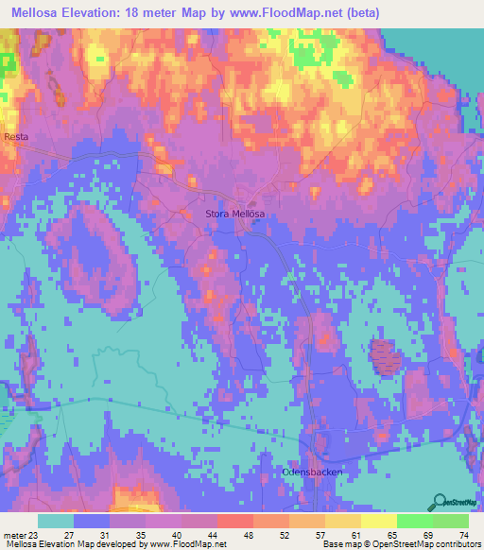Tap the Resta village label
pos(16,137)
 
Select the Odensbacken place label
pos(311,472)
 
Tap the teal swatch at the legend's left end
pos(56,520)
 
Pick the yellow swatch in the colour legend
pos(341,520)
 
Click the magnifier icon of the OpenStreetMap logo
pos(441,499)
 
